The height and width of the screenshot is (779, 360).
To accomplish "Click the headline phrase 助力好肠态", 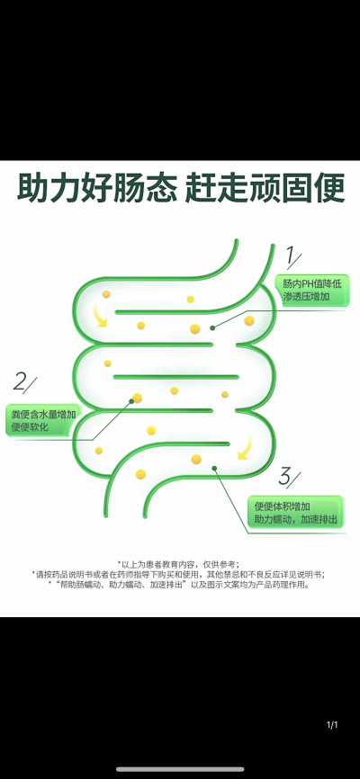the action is click(97, 188).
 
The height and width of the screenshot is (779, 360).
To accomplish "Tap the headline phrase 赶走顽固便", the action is click(265, 188).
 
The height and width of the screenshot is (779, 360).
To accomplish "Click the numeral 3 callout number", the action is click(289, 477).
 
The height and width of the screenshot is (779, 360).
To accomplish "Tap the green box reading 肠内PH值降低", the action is click(312, 291).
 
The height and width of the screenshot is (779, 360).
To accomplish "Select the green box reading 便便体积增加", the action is click(296, 513).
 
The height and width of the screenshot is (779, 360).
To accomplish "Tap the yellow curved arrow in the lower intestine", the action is click(245, 449).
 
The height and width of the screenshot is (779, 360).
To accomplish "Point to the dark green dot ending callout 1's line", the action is click(212, 328).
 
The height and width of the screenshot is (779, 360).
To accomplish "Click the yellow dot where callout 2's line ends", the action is click(137, 398).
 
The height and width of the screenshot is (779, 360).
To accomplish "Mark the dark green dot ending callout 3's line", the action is click(214, 468).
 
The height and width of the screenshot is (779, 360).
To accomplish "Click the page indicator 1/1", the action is click(332, 725).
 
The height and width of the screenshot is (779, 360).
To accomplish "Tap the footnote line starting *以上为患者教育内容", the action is click(178, 564).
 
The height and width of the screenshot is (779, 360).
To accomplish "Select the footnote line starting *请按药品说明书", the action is click(178, 574).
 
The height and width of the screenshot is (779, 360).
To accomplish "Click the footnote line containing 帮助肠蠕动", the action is click(179, 585).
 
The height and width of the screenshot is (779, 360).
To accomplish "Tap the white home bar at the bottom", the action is click(180, 770).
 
